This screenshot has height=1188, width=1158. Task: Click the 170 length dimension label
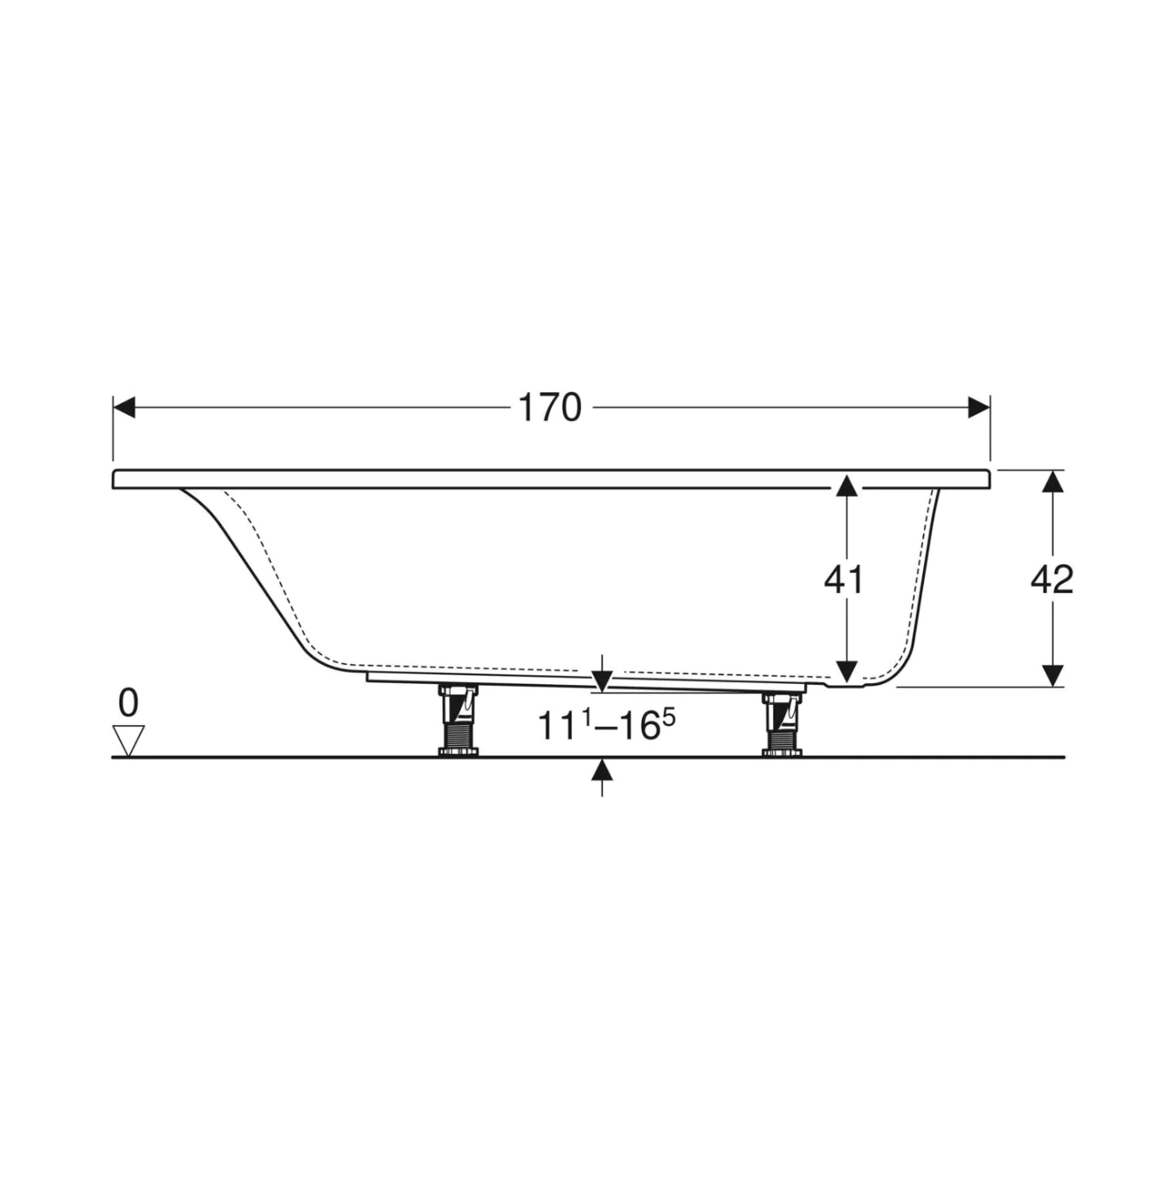(x=549, y=408)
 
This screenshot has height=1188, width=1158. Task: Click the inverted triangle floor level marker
(x=129, y=741)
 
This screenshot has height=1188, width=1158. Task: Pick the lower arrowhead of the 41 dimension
(x=845, y=673)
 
